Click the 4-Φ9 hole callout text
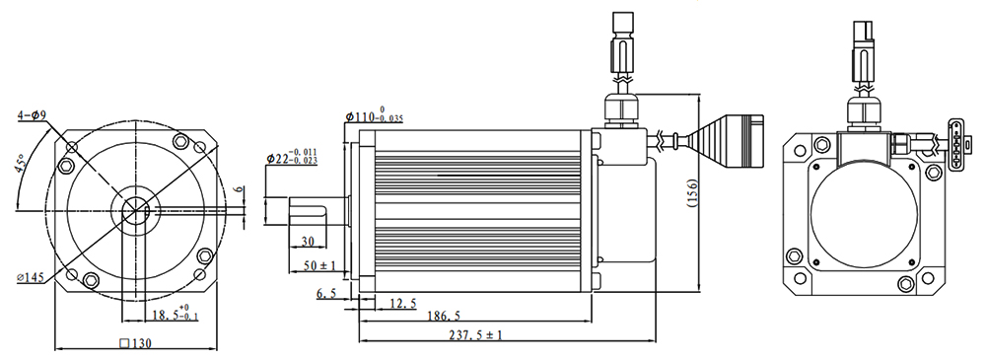pos(31,115)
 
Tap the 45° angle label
pos(21,166)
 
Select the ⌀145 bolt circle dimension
pos(31,277)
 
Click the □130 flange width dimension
pos(135,343)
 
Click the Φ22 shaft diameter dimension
pos(292,158)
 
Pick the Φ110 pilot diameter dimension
pos(374,115)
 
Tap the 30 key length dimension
pos(308,241)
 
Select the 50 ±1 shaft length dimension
pos(318,266)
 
